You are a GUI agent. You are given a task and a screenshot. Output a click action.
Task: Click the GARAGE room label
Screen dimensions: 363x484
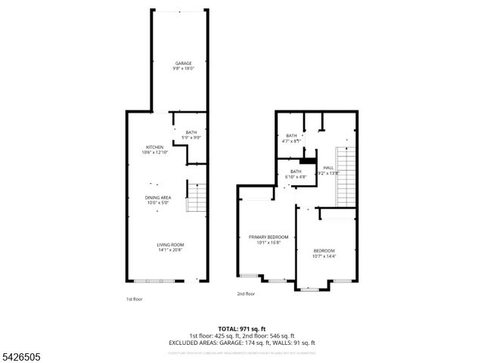click(x=183, y=63)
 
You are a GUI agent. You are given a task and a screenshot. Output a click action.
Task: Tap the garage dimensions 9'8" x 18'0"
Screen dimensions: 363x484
click(x=183, y=68)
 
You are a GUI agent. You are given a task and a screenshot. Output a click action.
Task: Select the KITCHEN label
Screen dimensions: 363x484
click(x=155, y=147)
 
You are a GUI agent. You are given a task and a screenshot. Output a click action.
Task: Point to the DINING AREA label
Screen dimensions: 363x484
click(x=158, y=197)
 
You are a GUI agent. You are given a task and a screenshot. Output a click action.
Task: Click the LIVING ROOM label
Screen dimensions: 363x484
click(x=170, y=244)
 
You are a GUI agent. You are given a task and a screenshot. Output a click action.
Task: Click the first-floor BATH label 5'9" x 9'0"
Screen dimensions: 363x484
click(x=191, y=132)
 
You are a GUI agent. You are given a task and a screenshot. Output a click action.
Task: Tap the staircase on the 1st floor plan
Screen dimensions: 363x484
click(x=196, y=198)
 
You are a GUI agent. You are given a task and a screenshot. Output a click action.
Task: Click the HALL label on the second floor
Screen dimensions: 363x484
click(x=328, y=168)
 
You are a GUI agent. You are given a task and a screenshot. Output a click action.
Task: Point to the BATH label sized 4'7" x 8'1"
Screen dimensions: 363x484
click(x=291, y=135)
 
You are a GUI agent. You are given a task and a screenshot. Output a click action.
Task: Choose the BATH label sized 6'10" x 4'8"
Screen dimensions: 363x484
click(x=295, y=171)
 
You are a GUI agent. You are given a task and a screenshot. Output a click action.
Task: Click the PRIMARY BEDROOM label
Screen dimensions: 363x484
click(x=268, y=237)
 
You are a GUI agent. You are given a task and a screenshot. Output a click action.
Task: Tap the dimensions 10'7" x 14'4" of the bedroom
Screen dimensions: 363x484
click(x=324, y=256)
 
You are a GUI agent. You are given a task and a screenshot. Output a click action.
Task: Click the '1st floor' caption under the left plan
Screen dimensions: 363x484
click(x=134, y=299)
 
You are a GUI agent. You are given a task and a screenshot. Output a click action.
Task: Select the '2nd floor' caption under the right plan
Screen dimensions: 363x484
click(x=246, y=294)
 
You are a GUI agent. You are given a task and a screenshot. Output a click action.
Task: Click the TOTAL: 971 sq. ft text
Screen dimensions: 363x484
click(x=241, y=329)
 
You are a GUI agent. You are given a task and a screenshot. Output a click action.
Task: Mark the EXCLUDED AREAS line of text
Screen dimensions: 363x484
click(x=241, y=343)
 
